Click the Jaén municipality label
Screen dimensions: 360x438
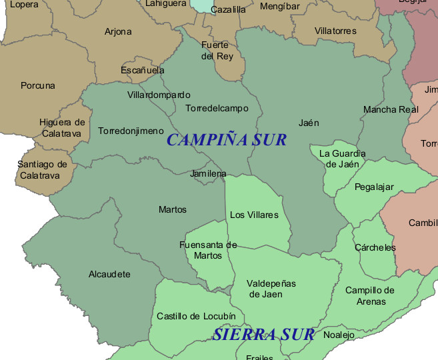(x=309, y=123)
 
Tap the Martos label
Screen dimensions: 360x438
(x=173, y=209)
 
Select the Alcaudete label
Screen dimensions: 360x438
(x=109, y=274)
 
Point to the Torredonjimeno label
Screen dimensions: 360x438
(x=131, y=131)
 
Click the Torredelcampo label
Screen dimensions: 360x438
(x=217, y=108)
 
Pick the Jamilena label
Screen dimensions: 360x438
(x=208, y=173)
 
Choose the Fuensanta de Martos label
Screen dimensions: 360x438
(x=208, y=250)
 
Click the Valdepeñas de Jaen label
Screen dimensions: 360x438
(x=271, y=289)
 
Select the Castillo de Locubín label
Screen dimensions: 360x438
(x=196, y=316)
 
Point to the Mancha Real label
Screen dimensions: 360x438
(x=391, y=109)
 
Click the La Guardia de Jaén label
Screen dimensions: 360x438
(x=343, y=159)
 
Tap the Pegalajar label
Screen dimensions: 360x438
(x=374, y=187)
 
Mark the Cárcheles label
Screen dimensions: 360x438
(x=375, y=247)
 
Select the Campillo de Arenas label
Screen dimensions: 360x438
(x=370, y=295)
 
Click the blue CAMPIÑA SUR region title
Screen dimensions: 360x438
(x=227, y=140)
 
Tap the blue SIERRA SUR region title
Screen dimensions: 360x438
(x=263, y=334)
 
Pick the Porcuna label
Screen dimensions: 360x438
(x=38, y=85)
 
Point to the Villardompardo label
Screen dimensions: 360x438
(x=159, y=95)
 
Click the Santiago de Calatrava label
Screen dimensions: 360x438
(x=43, y=170)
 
